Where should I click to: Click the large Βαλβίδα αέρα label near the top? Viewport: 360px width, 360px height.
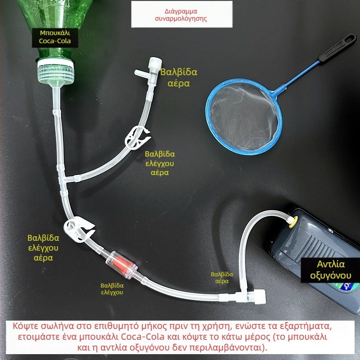pyautogui.click(x=179, y=77)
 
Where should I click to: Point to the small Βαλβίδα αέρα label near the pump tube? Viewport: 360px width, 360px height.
pyautogui.click(x=222, y=277)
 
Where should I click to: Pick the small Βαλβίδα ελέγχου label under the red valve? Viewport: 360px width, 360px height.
pyautogui.click(x=112, y=288)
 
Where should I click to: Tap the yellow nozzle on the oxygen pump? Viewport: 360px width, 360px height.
pyautogui.click(x=292, y=220)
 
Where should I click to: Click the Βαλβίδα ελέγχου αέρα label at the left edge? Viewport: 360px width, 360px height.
pyautogui.click(x=43, y=247)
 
